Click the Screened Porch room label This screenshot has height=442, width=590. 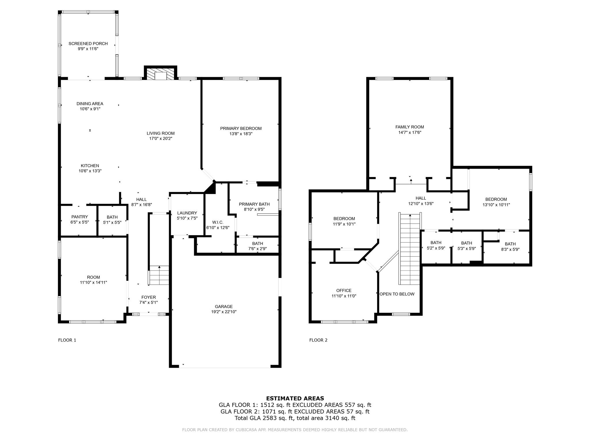click(88, 44)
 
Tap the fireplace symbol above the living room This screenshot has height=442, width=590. click(160, 74)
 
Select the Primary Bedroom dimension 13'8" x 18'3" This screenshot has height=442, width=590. click(241, 134)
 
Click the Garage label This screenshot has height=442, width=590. click(224, 306)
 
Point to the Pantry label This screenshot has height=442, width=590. click(80, 217)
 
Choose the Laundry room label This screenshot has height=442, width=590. click(187, 213)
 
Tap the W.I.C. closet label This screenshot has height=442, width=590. click(218, 222)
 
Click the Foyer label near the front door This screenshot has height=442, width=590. click(148, 297)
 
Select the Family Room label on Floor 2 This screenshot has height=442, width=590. click(409, 127)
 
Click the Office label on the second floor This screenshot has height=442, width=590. click(344, 291)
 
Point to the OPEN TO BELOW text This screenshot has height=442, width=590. click(397, 294)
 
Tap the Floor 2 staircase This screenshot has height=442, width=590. click(410, 249)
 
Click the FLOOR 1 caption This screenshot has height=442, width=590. click(67, 340)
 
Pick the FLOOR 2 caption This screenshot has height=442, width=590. click(318, 340)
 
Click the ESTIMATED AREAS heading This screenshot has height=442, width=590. click(295, 399)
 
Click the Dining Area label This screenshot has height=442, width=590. click(90, 104)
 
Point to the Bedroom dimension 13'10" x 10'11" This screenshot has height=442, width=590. click(496, 205)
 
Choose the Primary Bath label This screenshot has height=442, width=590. click(254, 204)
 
